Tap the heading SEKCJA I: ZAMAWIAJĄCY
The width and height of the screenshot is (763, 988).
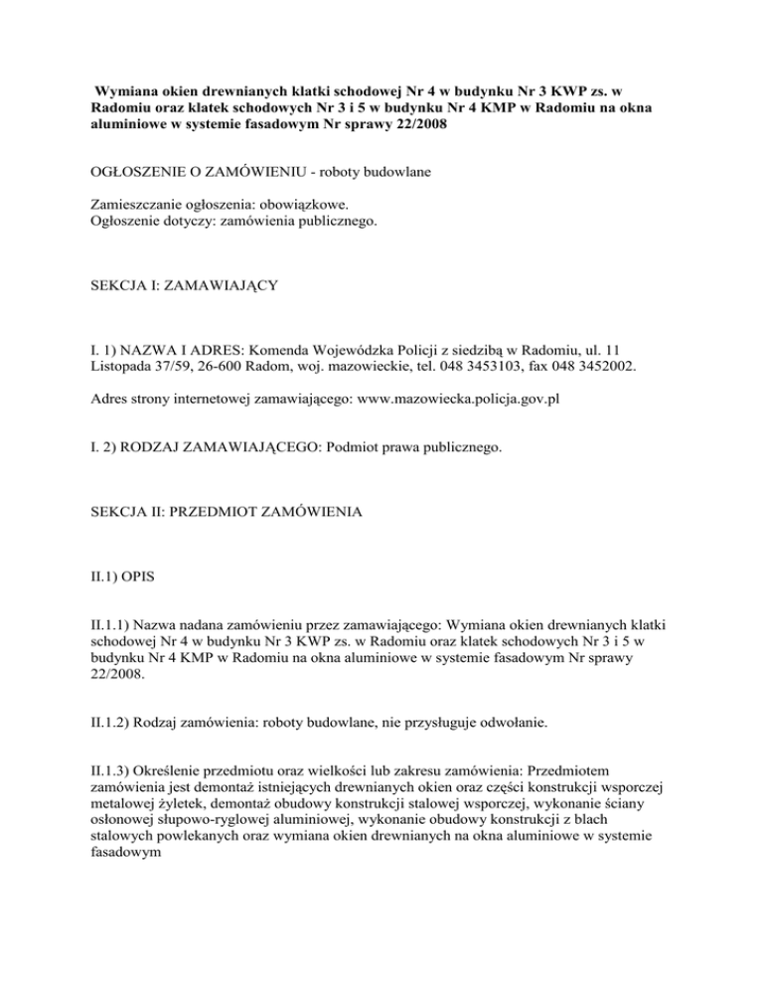click(176, 286)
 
